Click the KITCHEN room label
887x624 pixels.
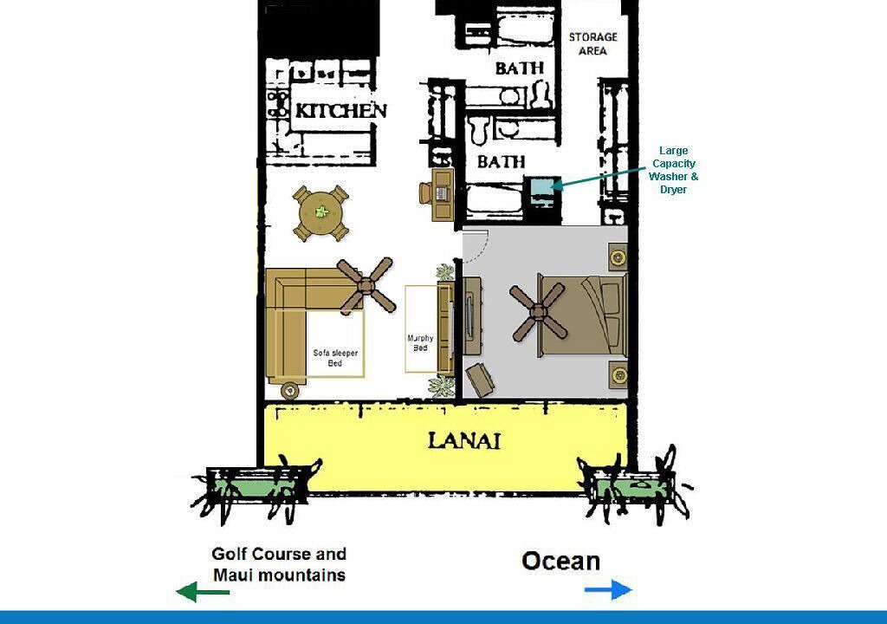coord(341,110)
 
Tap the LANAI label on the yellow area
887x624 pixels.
coord(464,440)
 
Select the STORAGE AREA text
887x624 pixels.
coord(592,43)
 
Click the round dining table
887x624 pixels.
coord(320,213)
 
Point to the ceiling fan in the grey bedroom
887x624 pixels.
coord(537,311)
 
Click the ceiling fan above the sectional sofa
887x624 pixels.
coord(366,286)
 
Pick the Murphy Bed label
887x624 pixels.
coord(420,342)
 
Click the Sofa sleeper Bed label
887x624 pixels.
coord(335,358)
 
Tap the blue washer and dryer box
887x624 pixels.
coord(542,185)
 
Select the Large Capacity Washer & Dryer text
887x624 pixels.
coord(673,170)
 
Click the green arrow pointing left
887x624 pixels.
coord(203,592)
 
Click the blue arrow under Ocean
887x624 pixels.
coord(608,590)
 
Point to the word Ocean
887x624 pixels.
coord(560,561)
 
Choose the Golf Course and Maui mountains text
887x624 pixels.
coord(279,564)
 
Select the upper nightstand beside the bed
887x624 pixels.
coord(618,257)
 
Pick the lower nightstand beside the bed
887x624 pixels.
coord(618,374)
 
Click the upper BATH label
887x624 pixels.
coord(520,68)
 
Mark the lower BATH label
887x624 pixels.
coord(502,162)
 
